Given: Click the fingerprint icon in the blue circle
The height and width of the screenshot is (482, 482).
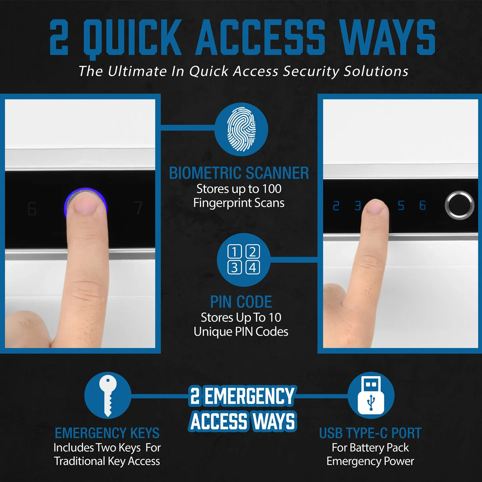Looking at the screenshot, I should point(241,129).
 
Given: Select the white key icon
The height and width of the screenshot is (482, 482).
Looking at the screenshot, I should point(108,395).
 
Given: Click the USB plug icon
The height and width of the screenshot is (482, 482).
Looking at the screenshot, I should point(370,395).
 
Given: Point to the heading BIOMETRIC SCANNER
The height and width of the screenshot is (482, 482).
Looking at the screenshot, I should point(239,173).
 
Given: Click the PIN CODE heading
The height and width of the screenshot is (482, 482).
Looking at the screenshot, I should point(241,302).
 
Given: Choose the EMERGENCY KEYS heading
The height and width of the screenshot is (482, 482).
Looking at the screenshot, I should point(107,432).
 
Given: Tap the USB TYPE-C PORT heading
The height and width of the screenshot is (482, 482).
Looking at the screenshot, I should point(370,432).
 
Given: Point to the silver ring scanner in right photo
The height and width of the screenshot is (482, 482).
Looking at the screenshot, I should point(459,205).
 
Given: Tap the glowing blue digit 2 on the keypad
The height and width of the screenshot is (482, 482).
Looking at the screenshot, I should point(336,206).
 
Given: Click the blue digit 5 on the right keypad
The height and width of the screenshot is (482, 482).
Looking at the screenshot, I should point(401,206).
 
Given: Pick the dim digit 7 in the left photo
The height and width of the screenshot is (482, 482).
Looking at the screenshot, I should point(139,208).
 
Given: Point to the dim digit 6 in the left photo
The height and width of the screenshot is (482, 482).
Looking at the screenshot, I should point(32,209).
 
